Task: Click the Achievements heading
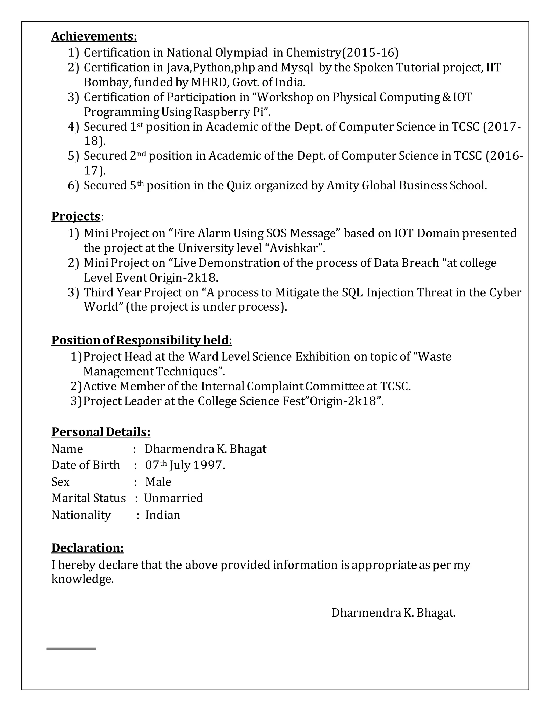pyautogui.click(x=94, y=36)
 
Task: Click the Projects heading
pyautogui.click(x=76, y=216)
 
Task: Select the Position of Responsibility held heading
pyautogui.click(x=142, y=340)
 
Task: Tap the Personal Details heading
pyautogui.click(x=101, y=432)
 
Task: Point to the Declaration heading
pyautogui.click(x=87, y=548)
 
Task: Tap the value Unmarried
pyautogui.click(x=173, y=498)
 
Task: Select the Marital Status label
pyautogui.click(x=89, y=498)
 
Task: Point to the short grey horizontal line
pyautogui.click(x=71, y=649)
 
